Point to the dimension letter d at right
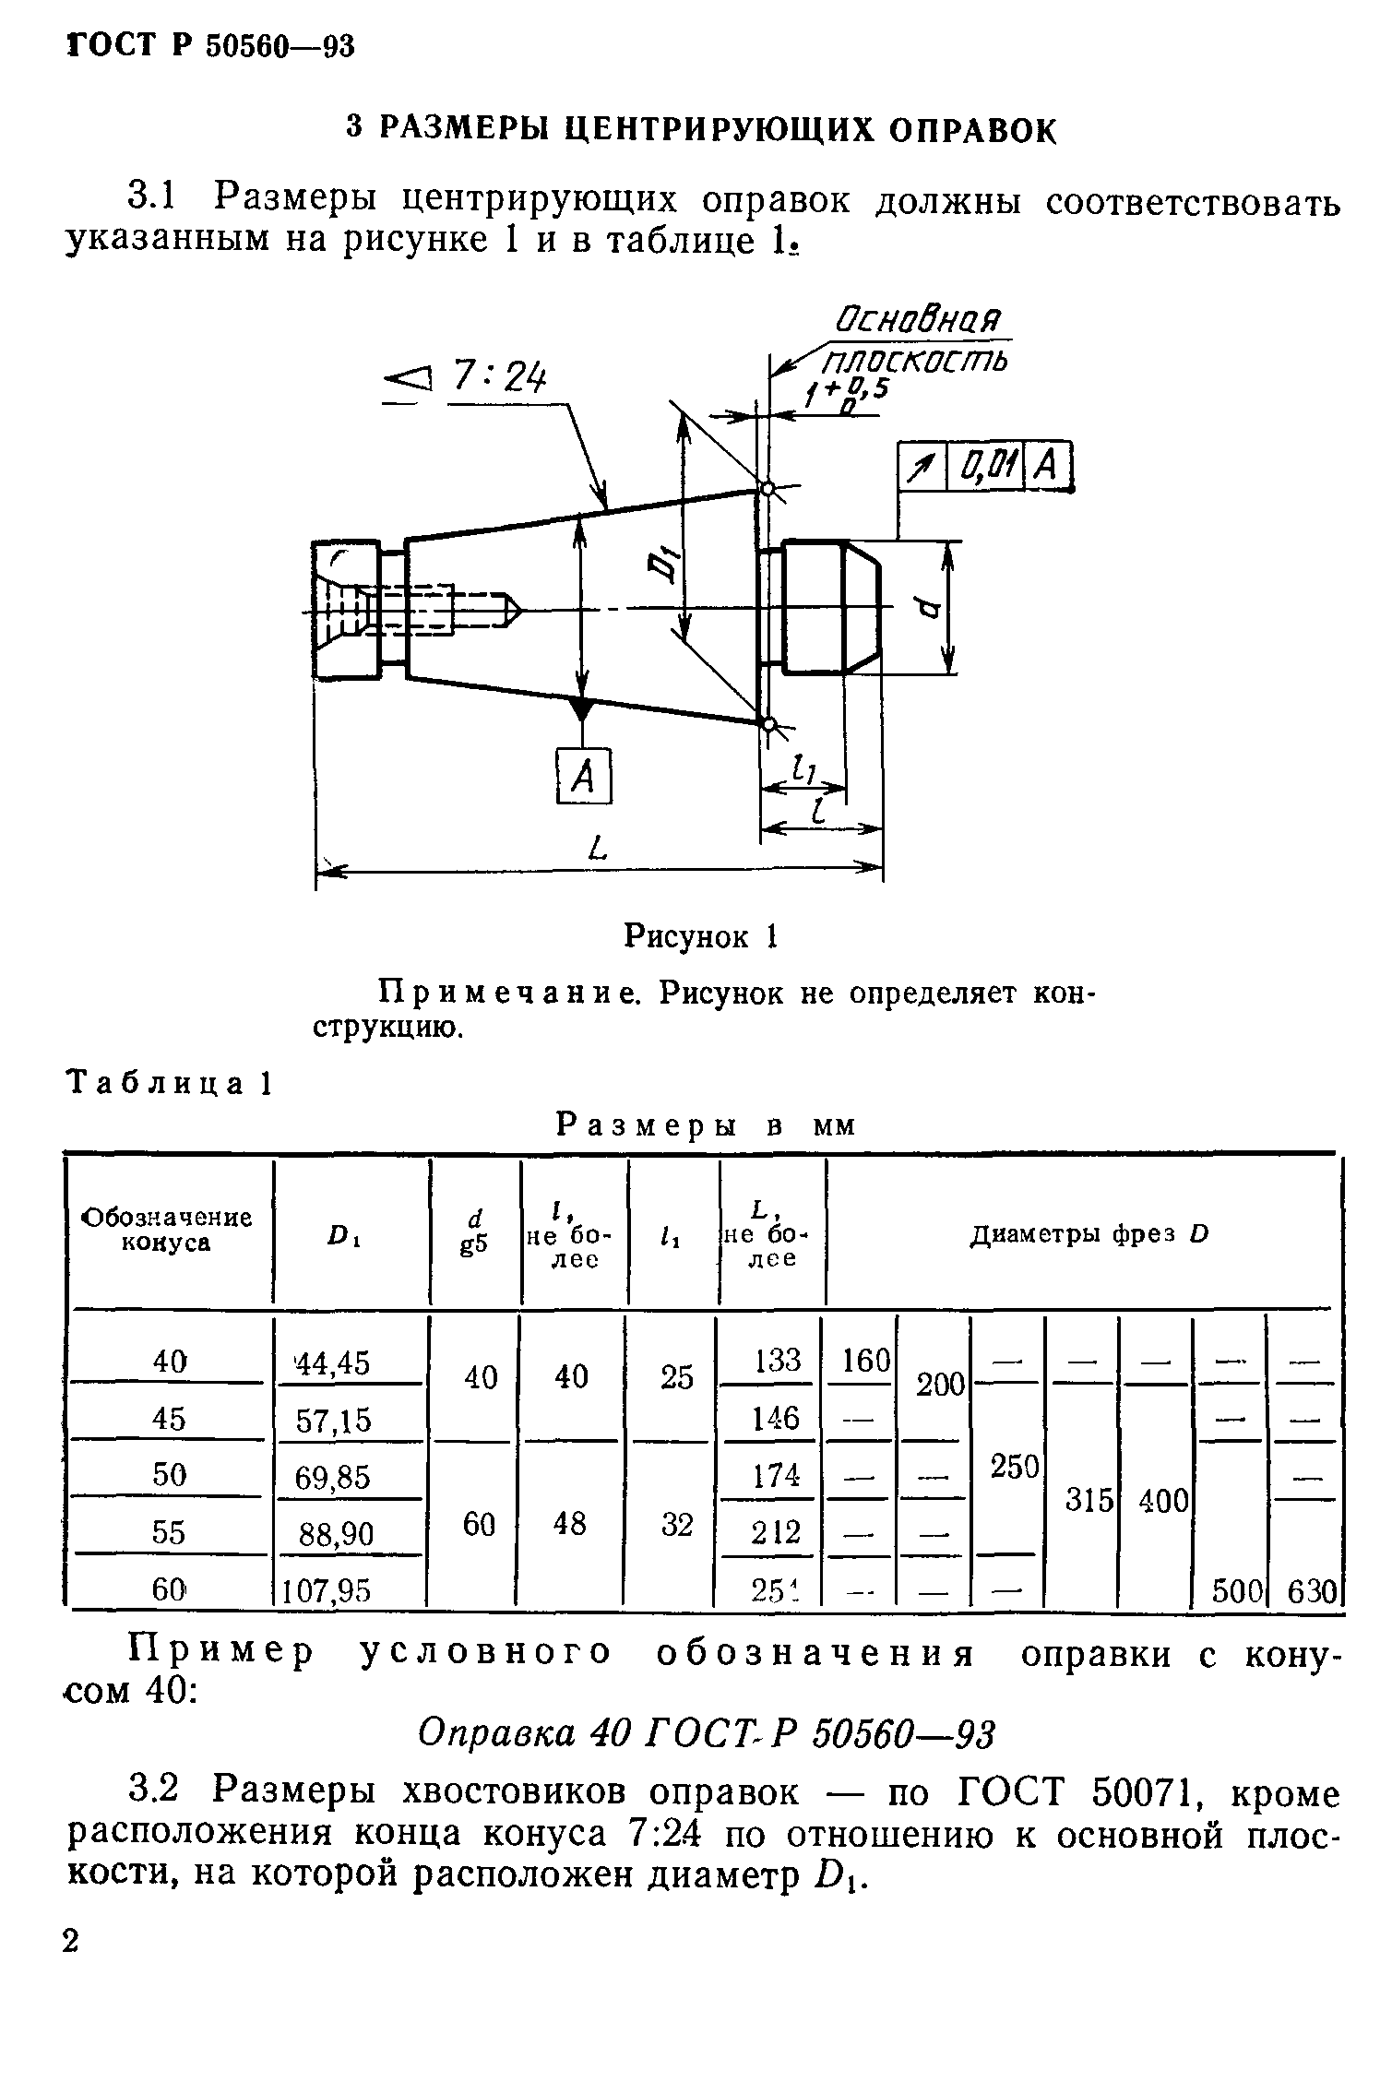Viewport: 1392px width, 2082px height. (x=930, y=608)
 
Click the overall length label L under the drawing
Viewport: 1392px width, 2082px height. (x=599, y=845)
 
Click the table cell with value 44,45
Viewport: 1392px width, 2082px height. (x=332, y=1362)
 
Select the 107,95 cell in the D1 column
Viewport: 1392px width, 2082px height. (x=327, y=1589)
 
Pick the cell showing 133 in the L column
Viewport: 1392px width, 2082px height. (x=777, y=1360)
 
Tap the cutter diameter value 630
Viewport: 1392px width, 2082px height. (x=1311, y=1591)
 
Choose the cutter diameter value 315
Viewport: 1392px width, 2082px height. (x=1089, y=1500)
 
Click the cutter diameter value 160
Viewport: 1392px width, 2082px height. (x=865, y=1360)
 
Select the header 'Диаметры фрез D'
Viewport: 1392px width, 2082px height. (x=1089, y=1234)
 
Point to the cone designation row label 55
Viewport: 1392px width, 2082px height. (x=169, y=1532)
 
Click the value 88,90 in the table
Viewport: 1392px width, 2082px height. (x=336, y=1534)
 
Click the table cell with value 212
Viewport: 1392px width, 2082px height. (x=776, y=1532)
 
